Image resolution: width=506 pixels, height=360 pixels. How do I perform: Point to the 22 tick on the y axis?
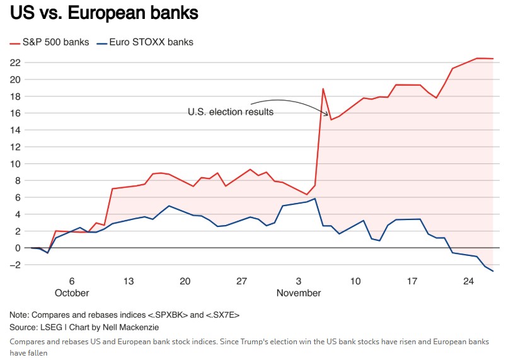pyautogui.click(x=15, y=63)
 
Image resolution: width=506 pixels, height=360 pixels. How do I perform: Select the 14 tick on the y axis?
pyautogui.click(x=15, y=130)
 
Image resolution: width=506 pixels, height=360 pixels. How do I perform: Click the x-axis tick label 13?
pyautogui.click(x=129, y=282)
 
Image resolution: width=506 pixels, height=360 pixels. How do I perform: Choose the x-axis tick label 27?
pyautogui.click(x=242, y=282)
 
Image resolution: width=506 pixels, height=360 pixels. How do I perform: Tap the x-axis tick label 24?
pyautogui.click(x=468, y=282)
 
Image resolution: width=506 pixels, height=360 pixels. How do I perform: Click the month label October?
pyautogui.click(x=72, y=293)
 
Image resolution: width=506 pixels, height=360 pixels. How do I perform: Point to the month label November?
pyautogui.click(x=299, y=293)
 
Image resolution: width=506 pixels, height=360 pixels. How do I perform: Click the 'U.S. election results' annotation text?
pyautogui.click(x=231, y=112)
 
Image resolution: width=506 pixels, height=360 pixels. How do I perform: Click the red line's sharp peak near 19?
pyautogui.click(x=323, y=89)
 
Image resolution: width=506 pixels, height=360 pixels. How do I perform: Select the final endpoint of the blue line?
pyautogui.click(x=493, y=271)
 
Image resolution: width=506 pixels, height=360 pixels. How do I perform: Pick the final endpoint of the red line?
pyautogui.click(x=493, y=59)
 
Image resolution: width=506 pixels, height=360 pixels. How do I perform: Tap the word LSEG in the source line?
pyautogui.click(x=48, y=328)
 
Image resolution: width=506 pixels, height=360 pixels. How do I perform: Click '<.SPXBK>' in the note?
pyautogui.click(x=164, y=315)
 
